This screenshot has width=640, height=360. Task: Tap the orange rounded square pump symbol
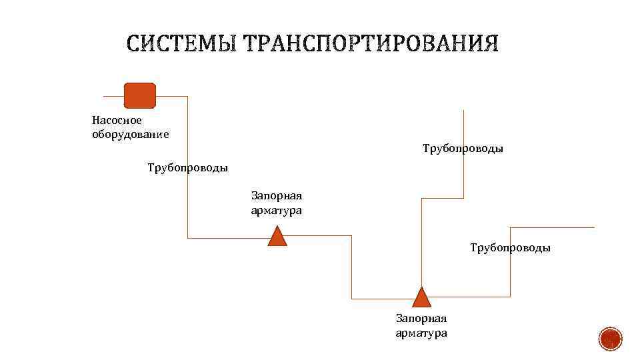(140, 95)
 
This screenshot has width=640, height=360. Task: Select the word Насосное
(117, 121)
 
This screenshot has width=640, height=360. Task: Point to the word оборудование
(130, 134)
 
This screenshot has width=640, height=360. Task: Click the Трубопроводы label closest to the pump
(187, 168)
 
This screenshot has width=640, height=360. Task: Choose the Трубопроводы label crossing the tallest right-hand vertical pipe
(463, 148)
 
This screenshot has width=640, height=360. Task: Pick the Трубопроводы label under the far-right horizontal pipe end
(510, 248)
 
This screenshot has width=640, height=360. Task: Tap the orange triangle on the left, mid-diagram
(277, 237)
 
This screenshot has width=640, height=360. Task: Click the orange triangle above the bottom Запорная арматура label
(421, 298)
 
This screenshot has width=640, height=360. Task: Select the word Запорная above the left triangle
(277, 196)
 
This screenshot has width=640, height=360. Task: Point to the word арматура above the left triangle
(277, 210)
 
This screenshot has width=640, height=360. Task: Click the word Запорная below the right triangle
(421, 319)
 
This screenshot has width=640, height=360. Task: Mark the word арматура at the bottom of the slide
(421, 333)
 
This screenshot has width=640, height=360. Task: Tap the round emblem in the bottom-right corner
(610, 339)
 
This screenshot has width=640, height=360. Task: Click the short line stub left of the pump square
(113, 96)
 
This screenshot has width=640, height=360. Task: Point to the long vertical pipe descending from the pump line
(187, 167)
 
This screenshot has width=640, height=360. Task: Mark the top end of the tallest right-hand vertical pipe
(463, 112)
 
